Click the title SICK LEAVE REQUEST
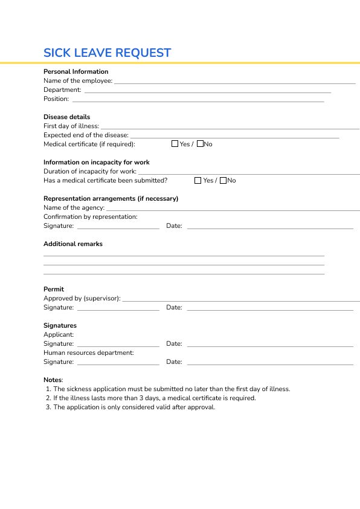click(x=107, y=53)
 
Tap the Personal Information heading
click(x=76, y=71)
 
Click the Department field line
click(x=207, y=91)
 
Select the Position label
click(x=56, y=99)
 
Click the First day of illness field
click(x=230, y=128)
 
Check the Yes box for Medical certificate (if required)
click(x=175, y=144)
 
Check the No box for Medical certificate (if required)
click(x=201, y=144)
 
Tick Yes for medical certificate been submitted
click(x=198, y=180)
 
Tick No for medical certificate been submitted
click(x=223, y=180)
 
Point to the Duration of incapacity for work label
click(x=90, y=172)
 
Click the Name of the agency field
click(x=233, y=209)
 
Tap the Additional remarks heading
click(x=73, y=244)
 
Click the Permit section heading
click(x=54, y=289)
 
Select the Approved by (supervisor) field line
click(x=240, y=300)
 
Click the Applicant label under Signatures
click(x=59, y=334)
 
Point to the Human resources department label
click(x=89, y=352)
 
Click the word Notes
click(x=53, y=380)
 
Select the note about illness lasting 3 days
click(x=154, y=398)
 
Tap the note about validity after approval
click(x=134, y=407)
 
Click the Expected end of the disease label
click(x=86, y=135)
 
